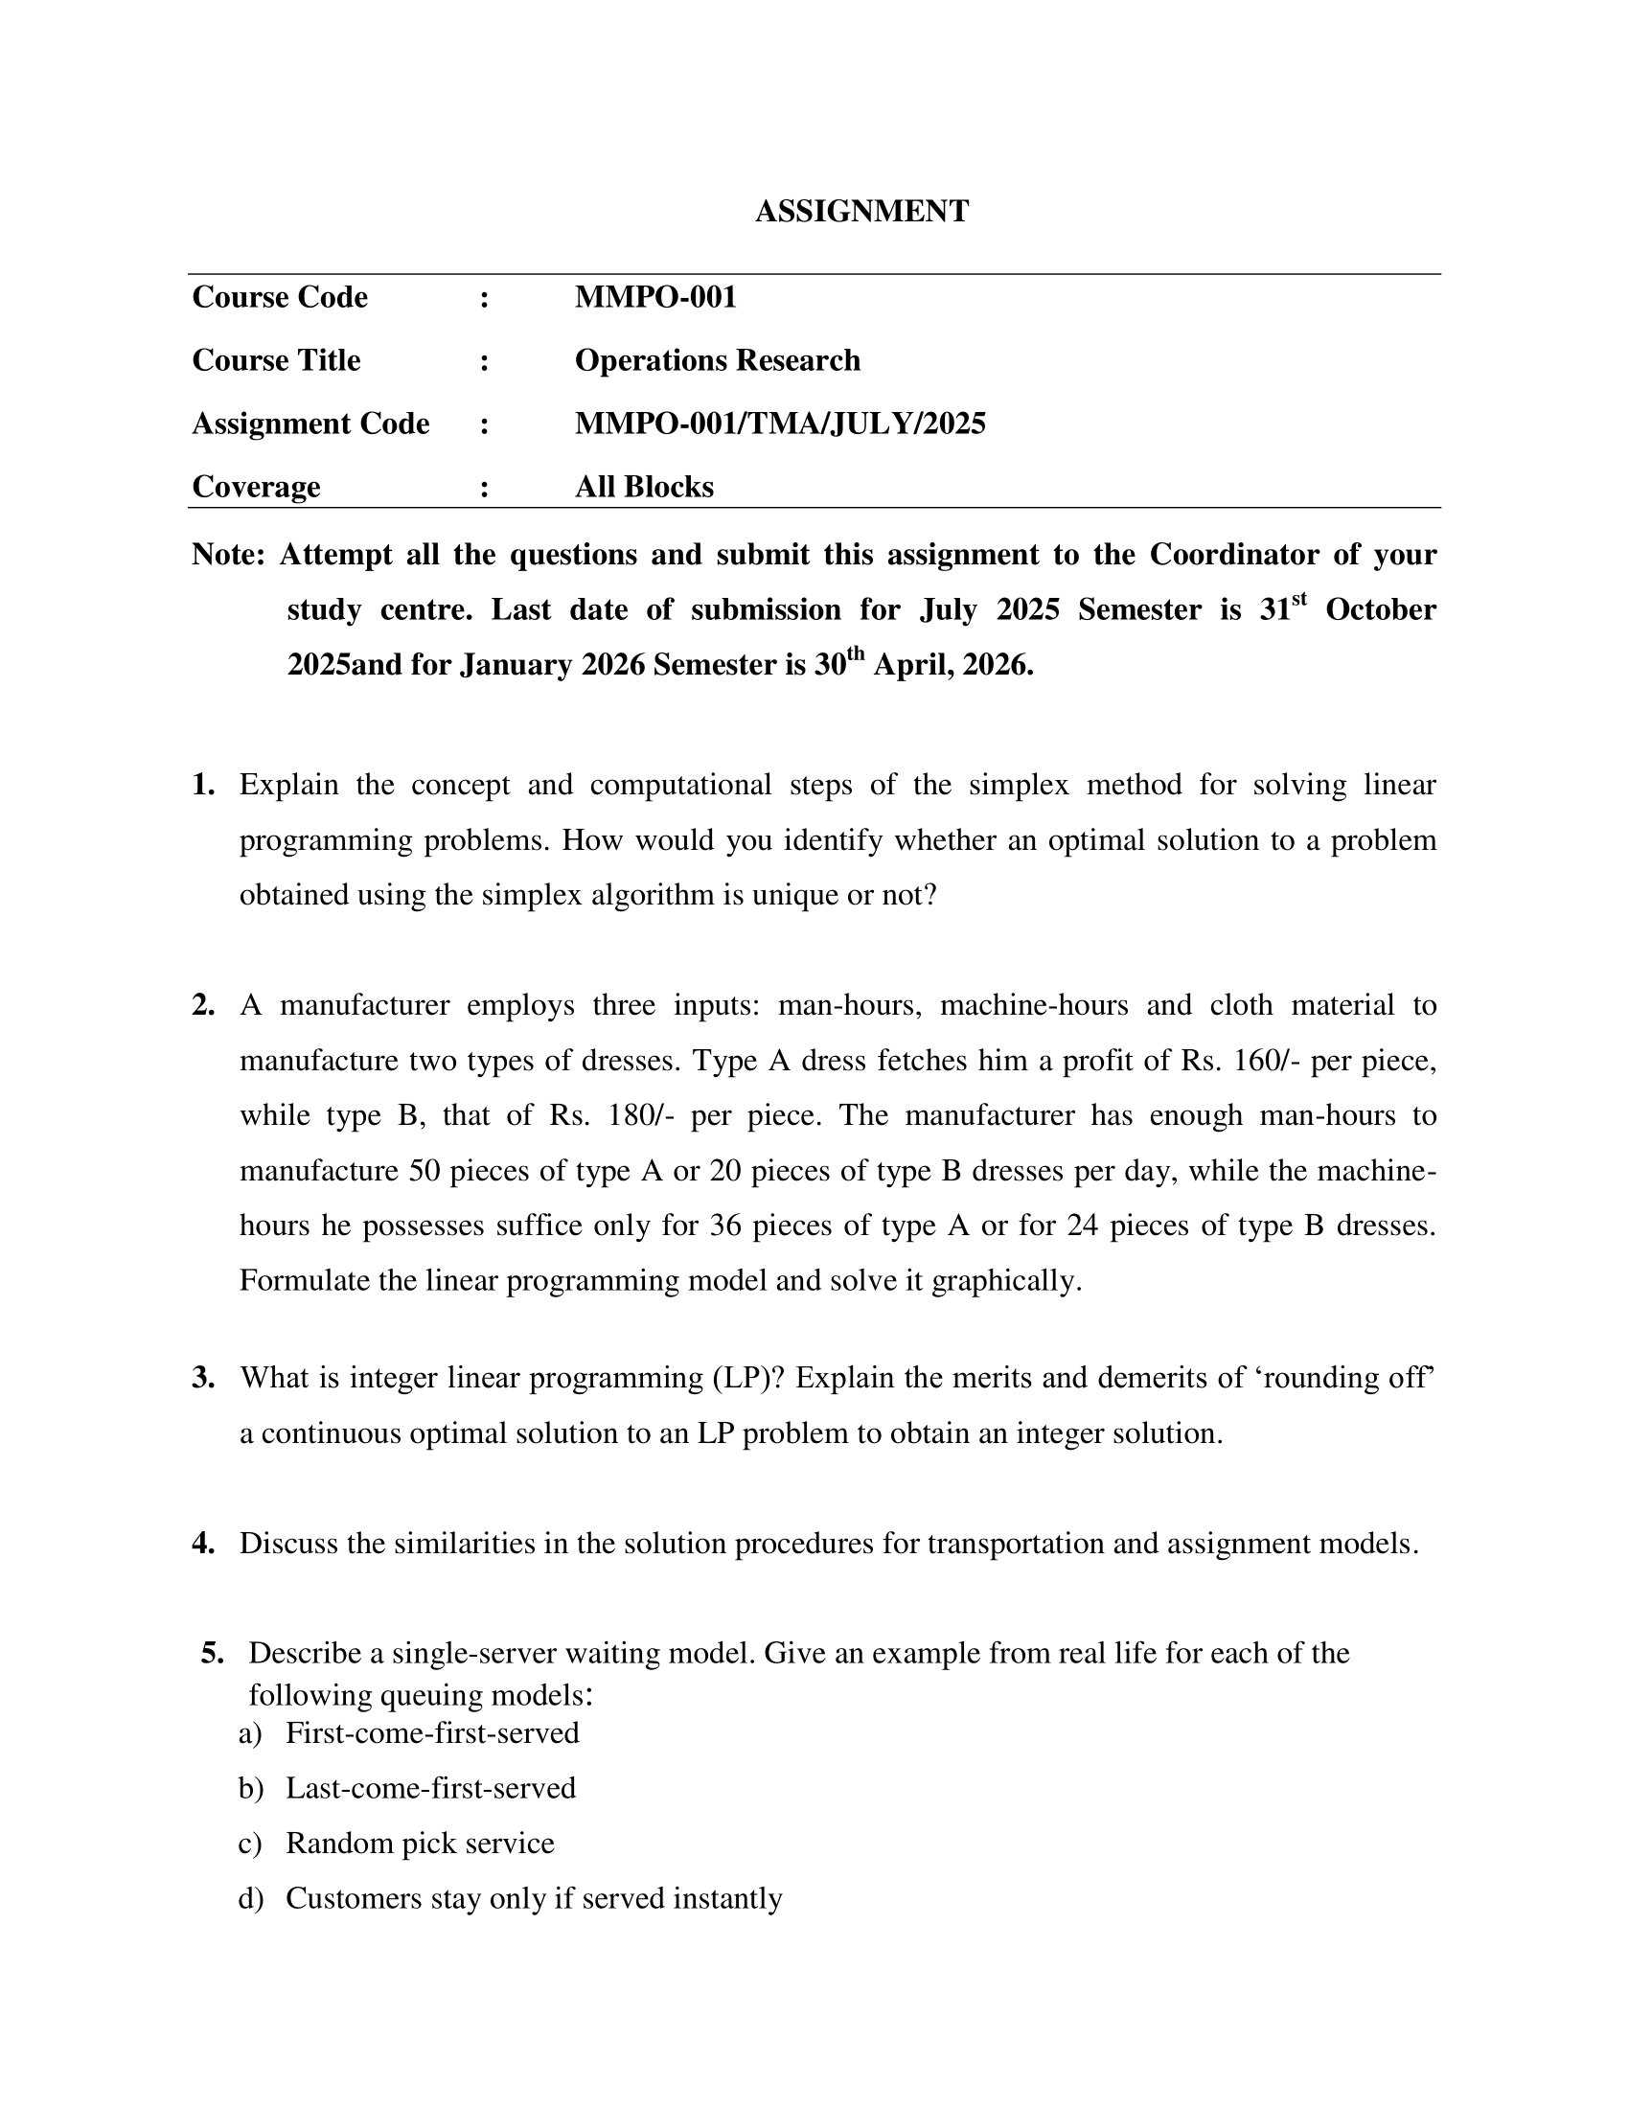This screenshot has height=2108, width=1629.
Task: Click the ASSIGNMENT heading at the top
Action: [860, 212]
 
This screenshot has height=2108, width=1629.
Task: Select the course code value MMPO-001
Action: [655, 297]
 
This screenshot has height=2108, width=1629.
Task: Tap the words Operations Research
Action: [717, 360]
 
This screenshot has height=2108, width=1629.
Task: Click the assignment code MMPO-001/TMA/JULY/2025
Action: [780, 424]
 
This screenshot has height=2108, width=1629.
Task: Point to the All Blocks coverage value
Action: [644, 487]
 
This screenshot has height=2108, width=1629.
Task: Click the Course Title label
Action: [276, 360]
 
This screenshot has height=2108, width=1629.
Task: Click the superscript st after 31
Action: [1298, 600]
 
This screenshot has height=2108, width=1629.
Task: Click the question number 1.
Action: [202, 785]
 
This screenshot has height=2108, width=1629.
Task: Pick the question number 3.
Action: [202, 1377]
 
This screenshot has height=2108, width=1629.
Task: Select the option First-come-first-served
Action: [432, 1732]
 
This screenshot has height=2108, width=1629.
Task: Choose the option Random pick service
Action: [420, 1843]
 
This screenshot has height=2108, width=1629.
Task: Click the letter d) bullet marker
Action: [250, 1897]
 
